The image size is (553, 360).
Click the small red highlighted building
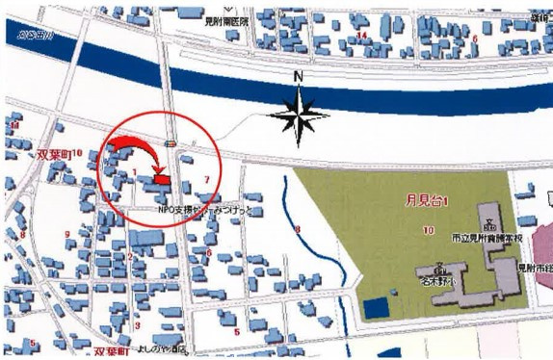(161, 179)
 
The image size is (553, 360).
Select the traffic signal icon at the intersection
(171, 143)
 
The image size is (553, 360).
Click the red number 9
(66, 234)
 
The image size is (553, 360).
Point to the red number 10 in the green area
(425, 230)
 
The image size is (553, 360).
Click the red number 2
(128, 255)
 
